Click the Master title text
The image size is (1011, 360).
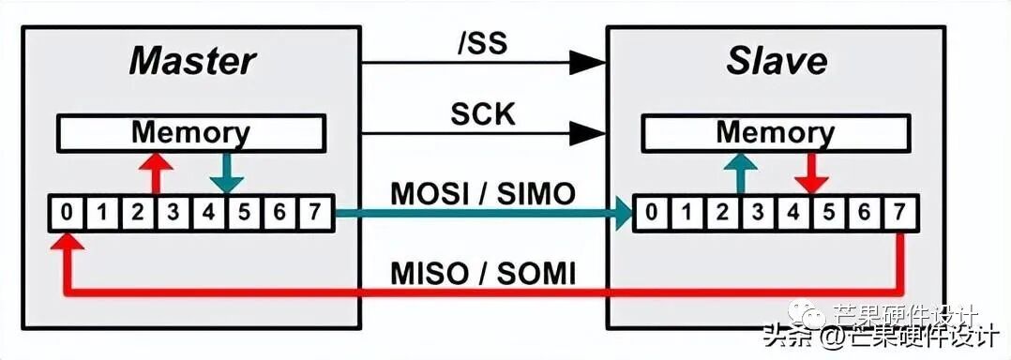[x=191, y=61]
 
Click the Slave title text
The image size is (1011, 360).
[x=777, y=61]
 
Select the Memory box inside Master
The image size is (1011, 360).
[x=190, y=133]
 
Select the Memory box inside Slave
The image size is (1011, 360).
[x=776, y=133]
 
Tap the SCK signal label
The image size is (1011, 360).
[x=483, y=113]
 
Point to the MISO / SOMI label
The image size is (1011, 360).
[x=483, y=274]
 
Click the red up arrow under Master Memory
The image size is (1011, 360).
[x=156, y=173]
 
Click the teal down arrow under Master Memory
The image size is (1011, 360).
[x=225, y=173]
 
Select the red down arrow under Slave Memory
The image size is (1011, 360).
[x=810, y=173]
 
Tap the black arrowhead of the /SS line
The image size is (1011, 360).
[x=589, y=63]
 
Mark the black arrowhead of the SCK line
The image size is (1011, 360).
[x=589, y=133]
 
